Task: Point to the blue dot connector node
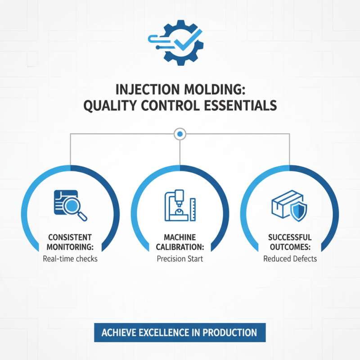(x=180, y=134)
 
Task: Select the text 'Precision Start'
(x=180, y=259)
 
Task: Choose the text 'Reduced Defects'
(x=290, y=259)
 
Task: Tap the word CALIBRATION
(x=180, y=247)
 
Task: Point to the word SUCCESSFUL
(x=290, y=237)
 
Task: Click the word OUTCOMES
(x=290, y=247)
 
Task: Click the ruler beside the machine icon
(x=192, y=209)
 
